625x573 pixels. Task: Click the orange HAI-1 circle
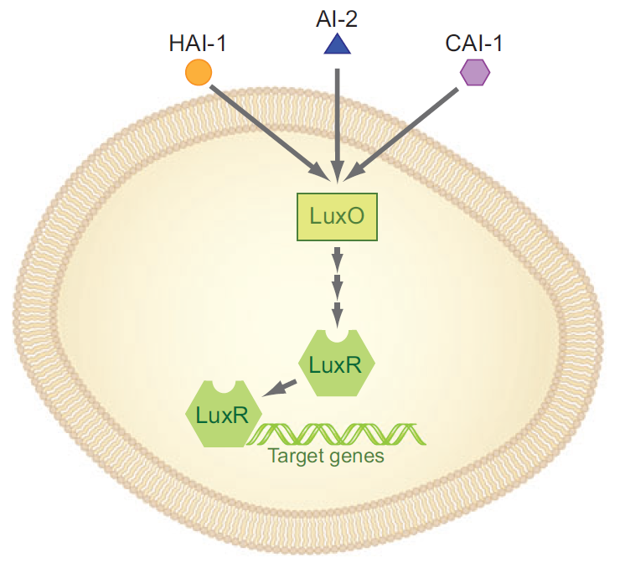(x=198, y=73)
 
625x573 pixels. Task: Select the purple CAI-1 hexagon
(x=475, y=74)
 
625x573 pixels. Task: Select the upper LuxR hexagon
(x=337, y=364)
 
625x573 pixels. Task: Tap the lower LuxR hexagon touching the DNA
(x=223, y=414)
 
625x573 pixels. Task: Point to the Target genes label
(x=325, y=457)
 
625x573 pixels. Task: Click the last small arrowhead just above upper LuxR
(x=337, y=316)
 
